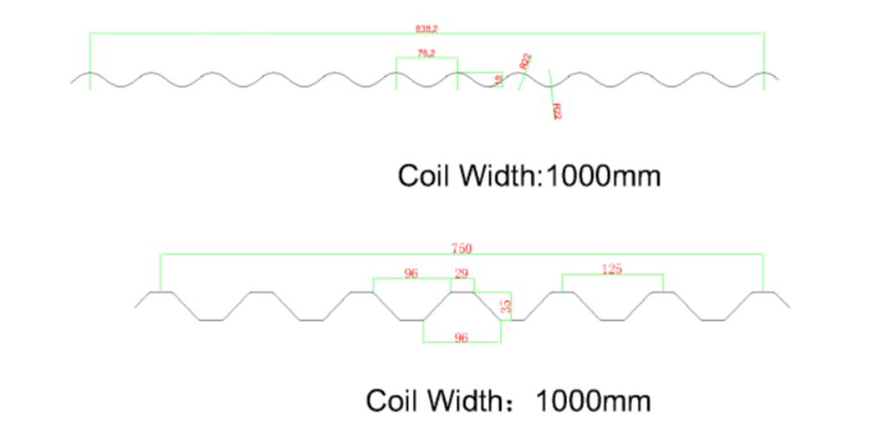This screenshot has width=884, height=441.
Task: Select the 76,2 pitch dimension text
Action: pyautogui.click(x=425, y=53)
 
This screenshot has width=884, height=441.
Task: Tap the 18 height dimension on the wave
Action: pyautogui.click(x=498, y=80)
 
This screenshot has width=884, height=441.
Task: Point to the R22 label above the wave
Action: pyautogui.click(x=525, y=61)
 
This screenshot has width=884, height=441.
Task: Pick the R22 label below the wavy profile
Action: pyautogui.click(x=557, y=111)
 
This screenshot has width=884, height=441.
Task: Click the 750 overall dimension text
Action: pyautogui.click(x=461, y=249)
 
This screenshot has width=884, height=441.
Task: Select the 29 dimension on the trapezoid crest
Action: pyautogui.click(x=461, y=274)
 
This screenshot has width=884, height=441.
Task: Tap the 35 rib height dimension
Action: pyautogui.click(x=506, y=306)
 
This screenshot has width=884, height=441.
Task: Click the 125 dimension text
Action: pyautogui.click(x=611, y=270)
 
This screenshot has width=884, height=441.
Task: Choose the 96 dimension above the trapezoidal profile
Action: pyautogui.click(x=411, y=274)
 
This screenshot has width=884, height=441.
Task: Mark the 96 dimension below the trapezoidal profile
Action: pyautogui.click(x=461, y=338)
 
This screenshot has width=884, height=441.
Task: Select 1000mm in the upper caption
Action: pyautogui.click(x=604, y=176)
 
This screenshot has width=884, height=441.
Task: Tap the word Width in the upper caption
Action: pyautogui.click(x=496, y=176)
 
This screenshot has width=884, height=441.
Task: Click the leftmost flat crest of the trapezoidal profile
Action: pyautogui.click(x=160, y=292)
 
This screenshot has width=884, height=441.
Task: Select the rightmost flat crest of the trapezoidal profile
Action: pyautogui.click(x=764, y=292)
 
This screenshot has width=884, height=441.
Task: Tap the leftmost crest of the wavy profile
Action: pyautogui.click(x=90, y=73)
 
